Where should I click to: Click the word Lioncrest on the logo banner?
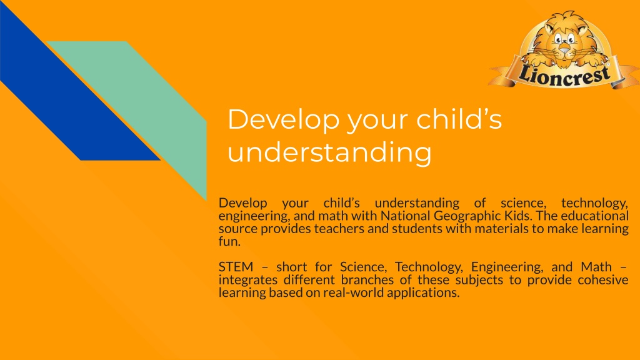pos(564,74)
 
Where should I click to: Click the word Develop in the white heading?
pos(283,120)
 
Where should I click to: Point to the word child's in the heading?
pos(459,119)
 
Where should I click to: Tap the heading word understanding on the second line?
pos(329,152)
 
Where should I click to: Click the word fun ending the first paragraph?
pos(229,241)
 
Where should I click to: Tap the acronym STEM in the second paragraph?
pos(236,267)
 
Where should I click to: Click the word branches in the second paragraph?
pos(367,280)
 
